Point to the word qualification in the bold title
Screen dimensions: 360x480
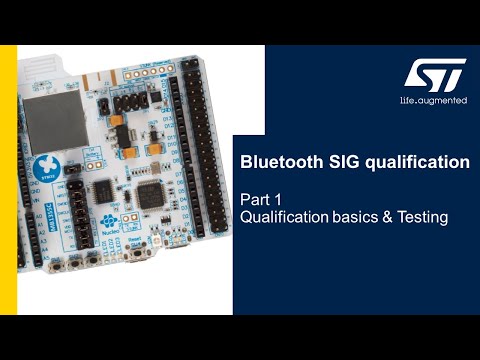click(411, 160)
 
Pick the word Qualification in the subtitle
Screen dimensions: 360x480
click(286, 216)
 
